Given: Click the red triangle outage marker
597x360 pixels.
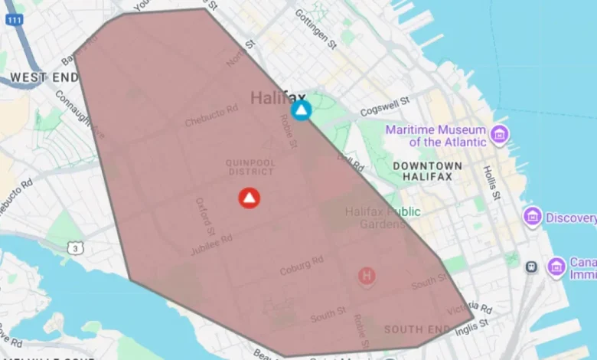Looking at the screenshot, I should pyautogui.click(x=250, y=198).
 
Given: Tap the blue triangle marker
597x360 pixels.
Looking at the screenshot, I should pyautogui.click(x=302, y=110).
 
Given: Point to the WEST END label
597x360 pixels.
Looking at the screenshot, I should pyautogui.click(x=44, y=77).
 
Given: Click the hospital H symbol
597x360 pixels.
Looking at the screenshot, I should pyautogui.click(x=367, y=275).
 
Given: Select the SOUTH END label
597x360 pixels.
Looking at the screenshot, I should pyautogui.click(x=416, y=330).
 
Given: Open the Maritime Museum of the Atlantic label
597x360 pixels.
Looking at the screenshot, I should pyautogui.click(x=436, y=136).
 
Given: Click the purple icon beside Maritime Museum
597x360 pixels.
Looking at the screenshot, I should pyautogui.click(x=500, y=135).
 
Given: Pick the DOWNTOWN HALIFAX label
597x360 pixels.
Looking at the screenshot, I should pyautogui.click(x=427, y=171).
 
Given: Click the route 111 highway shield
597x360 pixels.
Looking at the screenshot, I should pyautogui.click(x=12, y=19).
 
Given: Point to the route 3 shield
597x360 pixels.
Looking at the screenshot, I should pyautogui.click(x=74, y=248).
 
